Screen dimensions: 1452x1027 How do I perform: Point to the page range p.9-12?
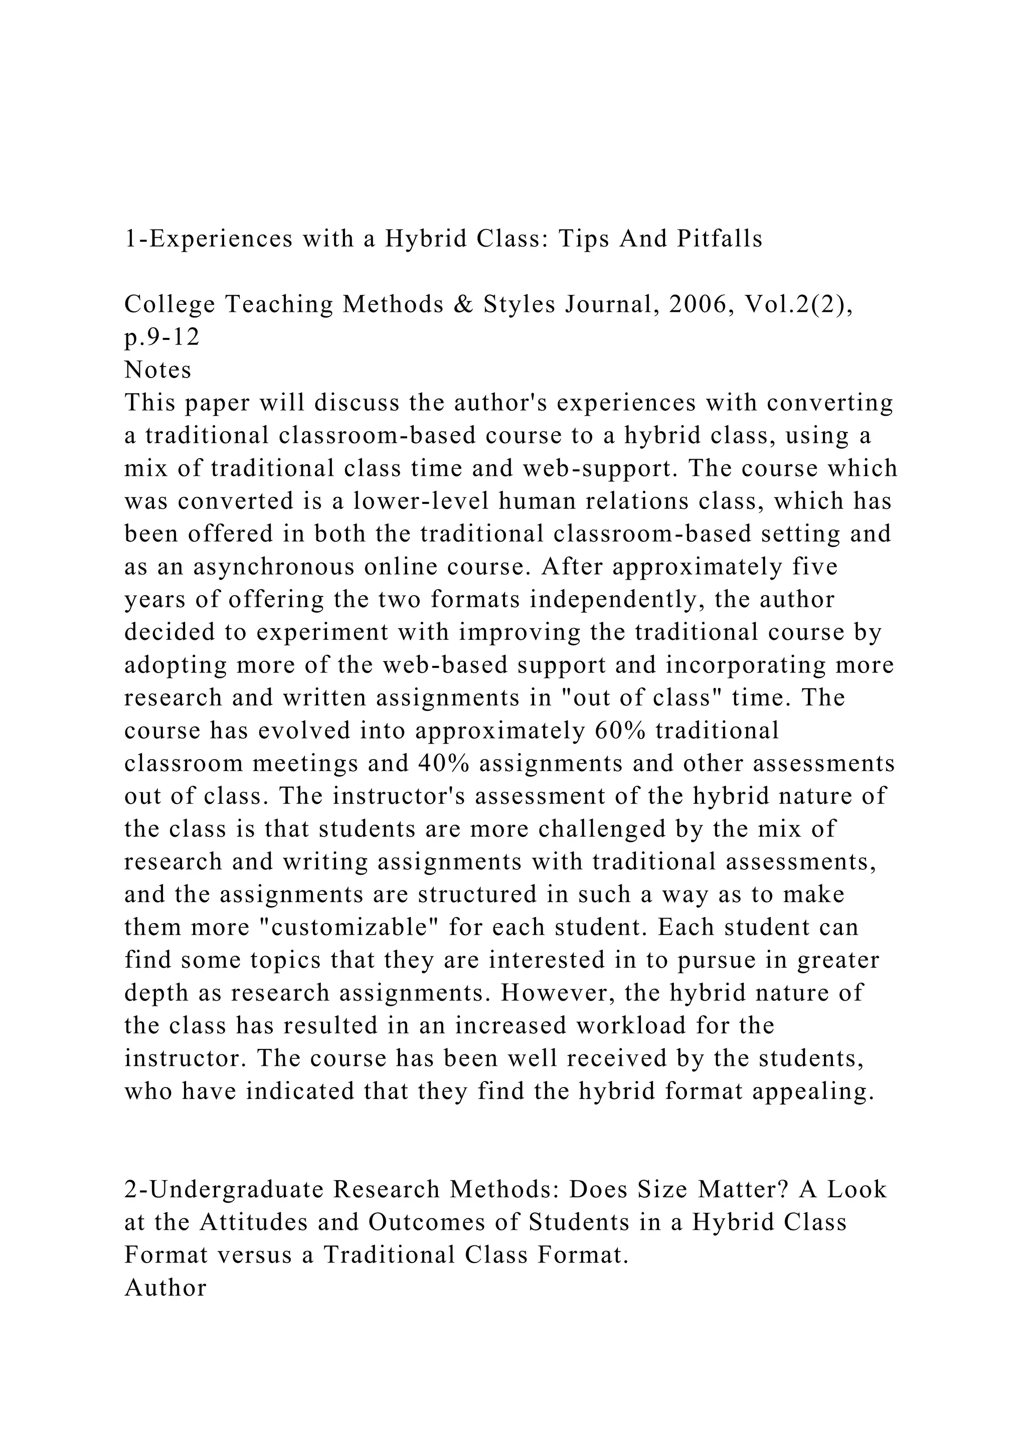click(162, 338)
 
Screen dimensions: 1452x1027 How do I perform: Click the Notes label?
click(158, 370)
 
